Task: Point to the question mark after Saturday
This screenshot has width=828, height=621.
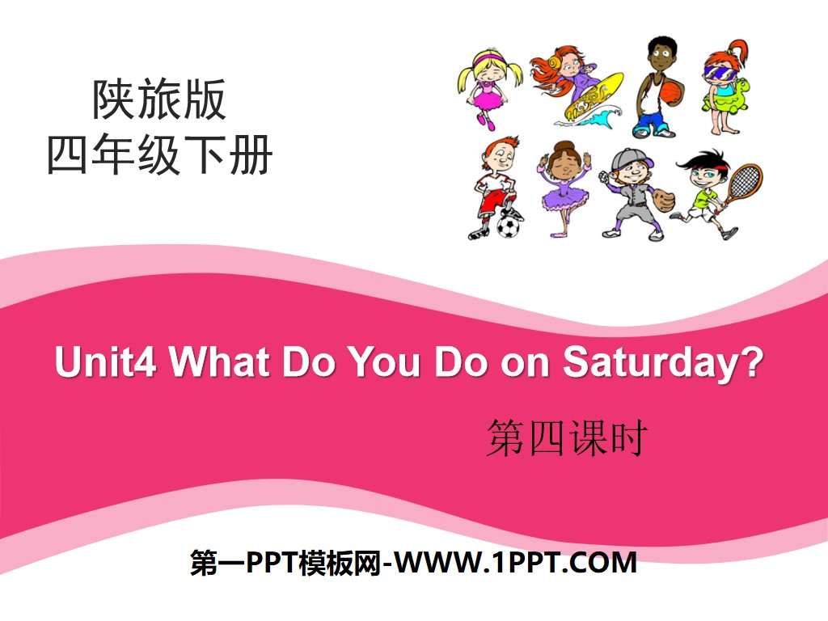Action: pyautogui.click(x=753, y=363)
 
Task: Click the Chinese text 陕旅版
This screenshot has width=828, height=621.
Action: pyautogui.click(x=159, y=102)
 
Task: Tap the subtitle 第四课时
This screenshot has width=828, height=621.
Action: pyautogui.click(x=566, y=440)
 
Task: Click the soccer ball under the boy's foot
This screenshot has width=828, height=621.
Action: pyautogui.click(x=508, y=226)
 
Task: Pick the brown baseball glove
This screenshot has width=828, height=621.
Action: pyautogui.click(x=662, y=198)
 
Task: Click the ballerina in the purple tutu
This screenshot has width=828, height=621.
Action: pyautogui.click(x=563, y=188)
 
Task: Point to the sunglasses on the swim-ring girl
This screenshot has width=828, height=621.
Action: pyautogui.click(x=723, y=69)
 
